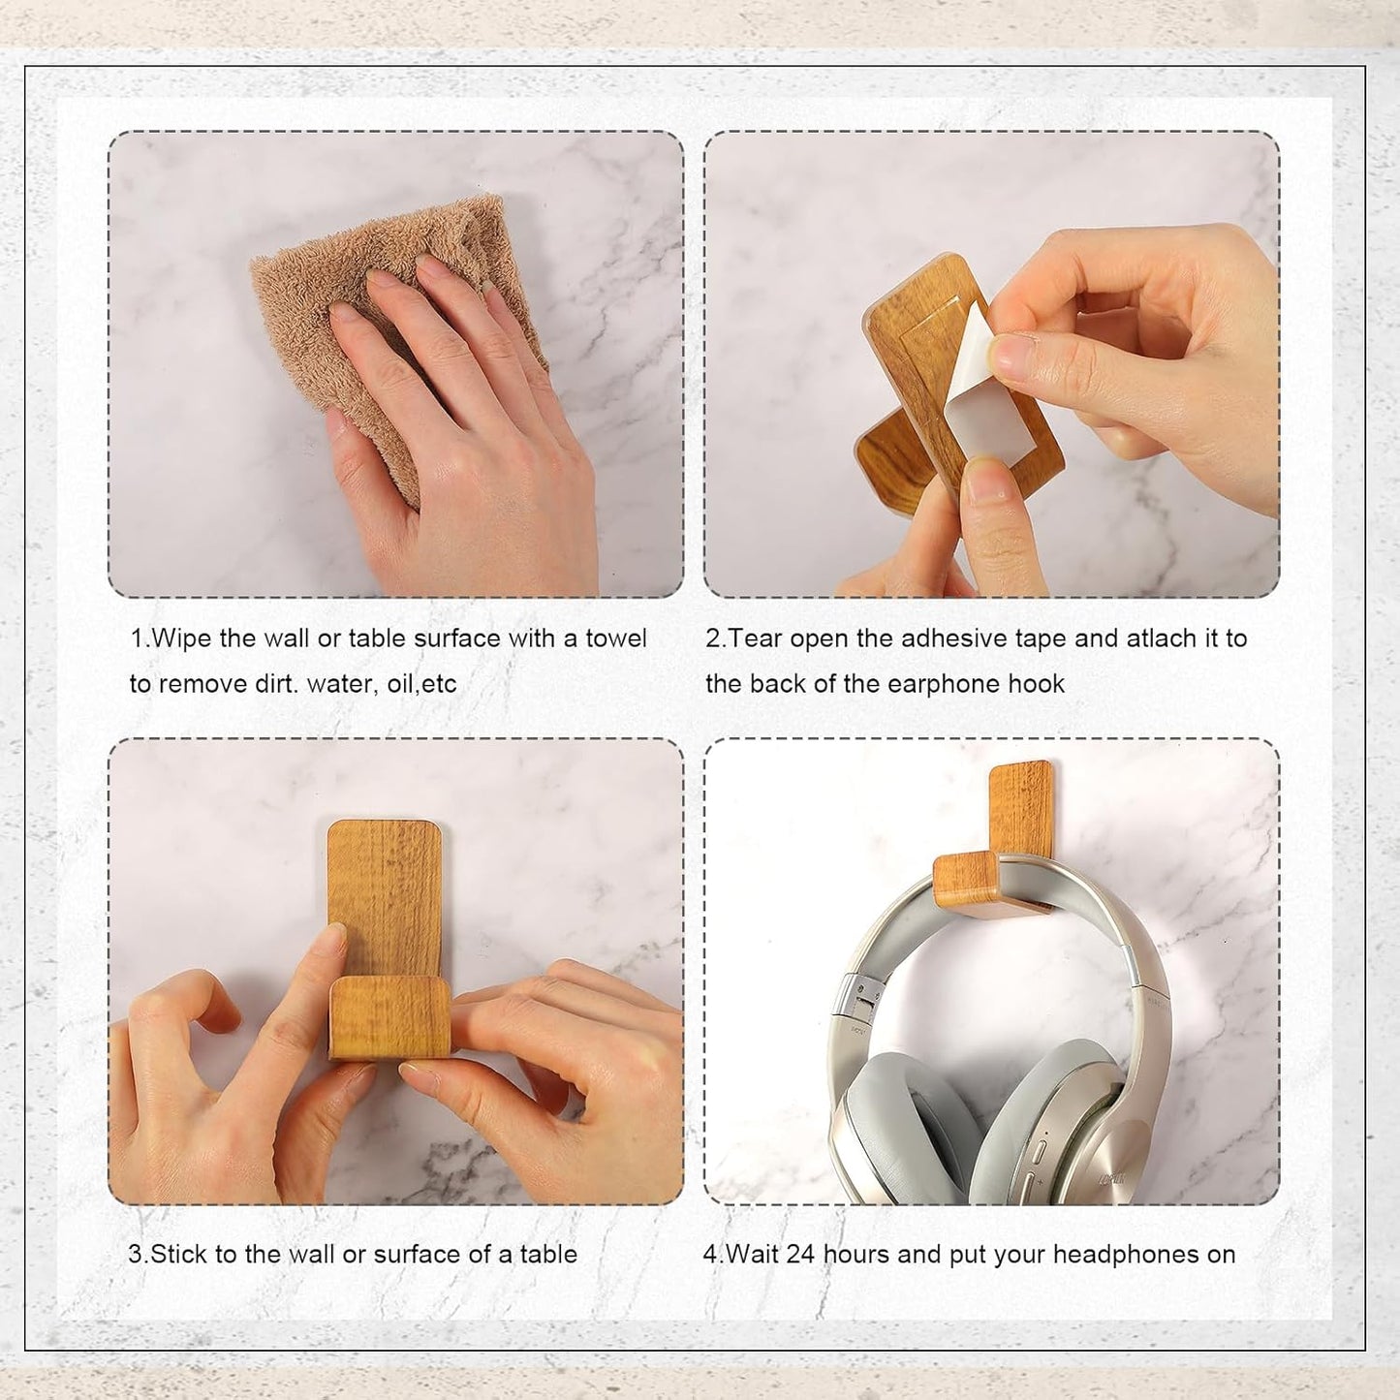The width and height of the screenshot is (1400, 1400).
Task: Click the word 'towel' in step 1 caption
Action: click(x=616, y=639)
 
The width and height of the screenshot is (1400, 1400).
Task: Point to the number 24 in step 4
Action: click(x=800, y=1255)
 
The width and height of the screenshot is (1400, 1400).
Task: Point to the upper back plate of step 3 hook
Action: click(x=385, y=882)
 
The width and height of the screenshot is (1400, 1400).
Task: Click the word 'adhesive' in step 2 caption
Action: click(x=954, y=639)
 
